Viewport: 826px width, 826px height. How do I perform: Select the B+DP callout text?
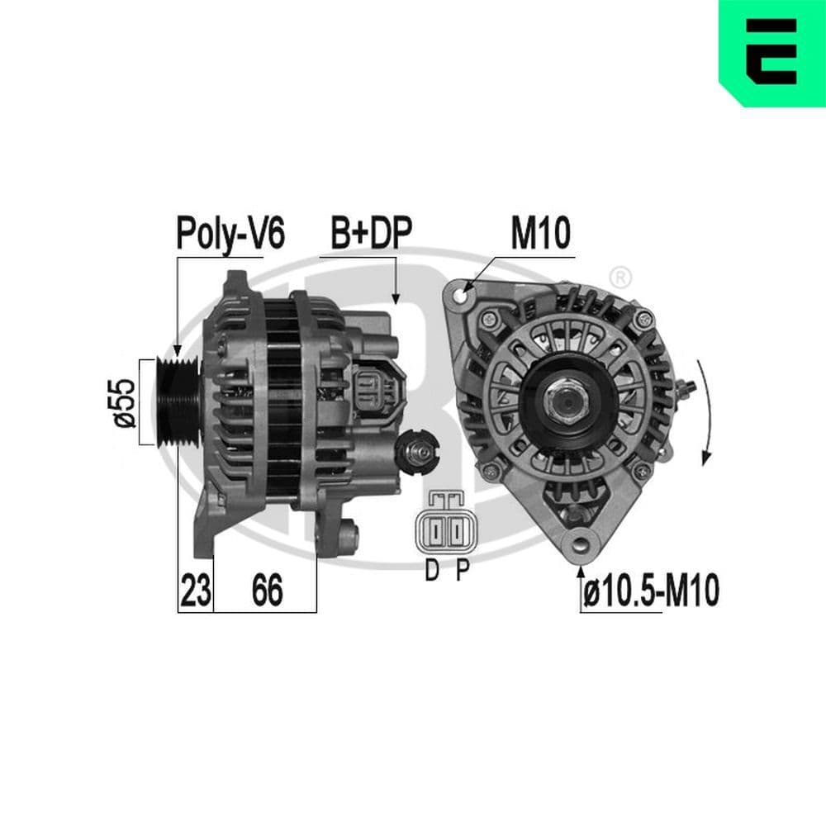(371, 235)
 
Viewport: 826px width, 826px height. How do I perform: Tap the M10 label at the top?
(540, 235)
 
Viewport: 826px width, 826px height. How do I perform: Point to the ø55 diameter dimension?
(125, 402)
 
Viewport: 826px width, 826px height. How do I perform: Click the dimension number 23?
(195, 591)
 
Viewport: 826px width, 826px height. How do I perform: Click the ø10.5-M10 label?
(651, 591)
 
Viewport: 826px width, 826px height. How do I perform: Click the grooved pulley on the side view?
(175, 402)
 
